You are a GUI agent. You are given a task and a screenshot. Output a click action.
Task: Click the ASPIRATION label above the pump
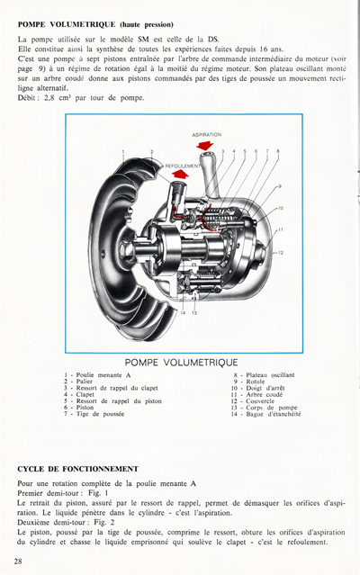(x=207, y=134)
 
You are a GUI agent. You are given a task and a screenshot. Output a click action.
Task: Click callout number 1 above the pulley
(x=123, y=152)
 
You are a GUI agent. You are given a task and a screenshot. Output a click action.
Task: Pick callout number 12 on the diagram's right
(x=281, y=252)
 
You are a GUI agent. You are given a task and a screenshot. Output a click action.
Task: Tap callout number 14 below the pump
(x=182, y=312)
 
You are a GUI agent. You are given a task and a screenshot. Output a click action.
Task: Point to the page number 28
(x=19, y=561)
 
